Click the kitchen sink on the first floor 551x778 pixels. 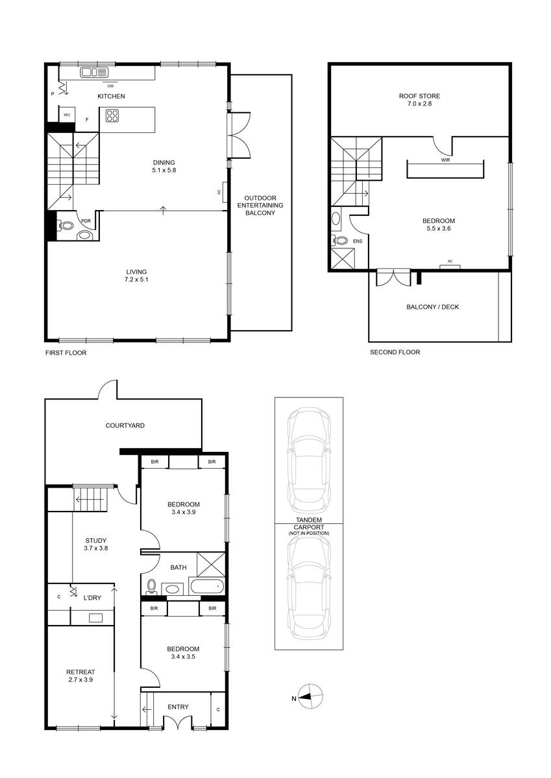point(93,73)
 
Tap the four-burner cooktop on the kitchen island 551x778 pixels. point(112,117)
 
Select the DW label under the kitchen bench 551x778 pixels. point(110,85)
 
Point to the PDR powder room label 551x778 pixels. point(86,221)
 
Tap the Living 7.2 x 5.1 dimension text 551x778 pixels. point(137,279)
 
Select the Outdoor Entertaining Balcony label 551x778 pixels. point(260,205)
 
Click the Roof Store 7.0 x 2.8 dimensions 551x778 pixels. point(419,104)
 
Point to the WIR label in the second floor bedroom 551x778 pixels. point(445,159)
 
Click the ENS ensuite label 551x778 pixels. point(358,241)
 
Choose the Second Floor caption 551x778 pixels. point(395,353)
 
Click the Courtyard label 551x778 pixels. point(125,426)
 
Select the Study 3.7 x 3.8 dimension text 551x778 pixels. point(95,548)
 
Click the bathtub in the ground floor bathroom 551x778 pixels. point(206,587)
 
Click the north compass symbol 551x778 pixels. point(312,698)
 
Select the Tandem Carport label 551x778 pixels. point(309,530)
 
